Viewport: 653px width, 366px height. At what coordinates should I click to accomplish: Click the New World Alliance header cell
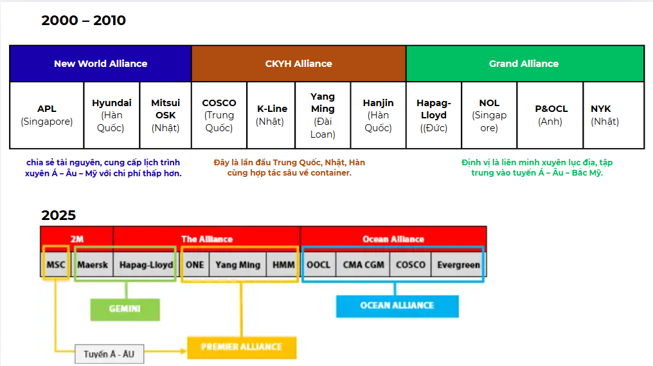tap(100, 64)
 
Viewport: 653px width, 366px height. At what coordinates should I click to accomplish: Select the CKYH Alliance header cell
tap(299, 64)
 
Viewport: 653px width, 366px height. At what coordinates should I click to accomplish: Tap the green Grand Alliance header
tap(524, 64)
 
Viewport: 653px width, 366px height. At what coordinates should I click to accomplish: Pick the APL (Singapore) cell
tap(47, 115)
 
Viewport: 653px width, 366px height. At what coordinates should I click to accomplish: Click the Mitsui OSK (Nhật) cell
tap(165, 115)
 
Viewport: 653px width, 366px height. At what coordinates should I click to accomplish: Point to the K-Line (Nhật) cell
tap(271, 115)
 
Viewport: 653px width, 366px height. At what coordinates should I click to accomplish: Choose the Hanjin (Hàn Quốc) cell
tap(378, 115)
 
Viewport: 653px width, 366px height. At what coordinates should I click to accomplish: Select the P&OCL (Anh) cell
tap(550, 115)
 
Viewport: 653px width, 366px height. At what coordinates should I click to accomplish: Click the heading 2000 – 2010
tap(84, 21)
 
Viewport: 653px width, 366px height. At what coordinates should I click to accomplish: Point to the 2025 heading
tap(58, 215)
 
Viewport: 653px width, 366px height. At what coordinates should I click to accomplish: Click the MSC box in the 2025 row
tap(56, 265)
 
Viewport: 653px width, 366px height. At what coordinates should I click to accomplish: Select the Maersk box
tap(93, 265)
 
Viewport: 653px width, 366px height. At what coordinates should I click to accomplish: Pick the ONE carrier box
tap(195, 265)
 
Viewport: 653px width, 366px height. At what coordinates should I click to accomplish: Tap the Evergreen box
tap(458, 265)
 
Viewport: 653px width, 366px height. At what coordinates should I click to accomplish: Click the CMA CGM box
tap(363, 265)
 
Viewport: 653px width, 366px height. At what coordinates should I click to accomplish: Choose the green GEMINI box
tap(125, 309)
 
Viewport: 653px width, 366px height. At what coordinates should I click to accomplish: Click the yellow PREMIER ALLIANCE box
tap(242, 347)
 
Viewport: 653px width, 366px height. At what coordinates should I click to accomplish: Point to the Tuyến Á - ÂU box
tap(109, 354)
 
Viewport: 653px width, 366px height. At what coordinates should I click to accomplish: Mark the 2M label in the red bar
tap(77, 239)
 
